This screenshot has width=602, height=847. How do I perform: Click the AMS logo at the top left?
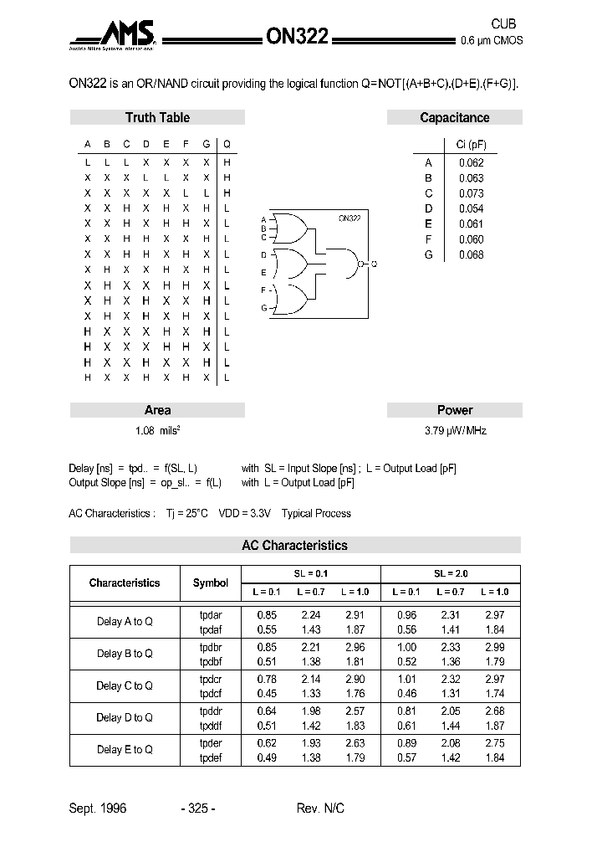pos(117,35)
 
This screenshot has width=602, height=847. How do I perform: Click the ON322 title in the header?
pos(297,36)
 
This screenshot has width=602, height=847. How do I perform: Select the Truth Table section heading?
pos(157,118)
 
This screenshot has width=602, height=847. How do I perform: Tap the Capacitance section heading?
pos(454,118)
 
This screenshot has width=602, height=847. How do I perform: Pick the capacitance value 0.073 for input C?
pos(471,193)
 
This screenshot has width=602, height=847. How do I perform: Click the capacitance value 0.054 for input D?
pos(471,208)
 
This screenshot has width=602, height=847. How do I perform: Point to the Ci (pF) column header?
pos(471,145)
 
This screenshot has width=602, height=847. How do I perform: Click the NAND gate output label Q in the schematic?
pos(374,264)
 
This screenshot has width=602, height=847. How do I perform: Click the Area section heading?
pos(157,410)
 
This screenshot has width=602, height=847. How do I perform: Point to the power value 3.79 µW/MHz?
pos(455,431)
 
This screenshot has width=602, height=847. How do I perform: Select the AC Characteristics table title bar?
pos(294,546)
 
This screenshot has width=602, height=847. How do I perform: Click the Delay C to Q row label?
pos(125,685)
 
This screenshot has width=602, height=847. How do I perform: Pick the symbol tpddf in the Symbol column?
pos(211,725)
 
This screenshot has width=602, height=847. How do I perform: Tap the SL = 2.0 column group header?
pos(451,574)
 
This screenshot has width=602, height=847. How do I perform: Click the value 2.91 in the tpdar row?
pos(355,615)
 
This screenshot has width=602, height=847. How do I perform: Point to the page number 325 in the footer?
pos(198,808)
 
